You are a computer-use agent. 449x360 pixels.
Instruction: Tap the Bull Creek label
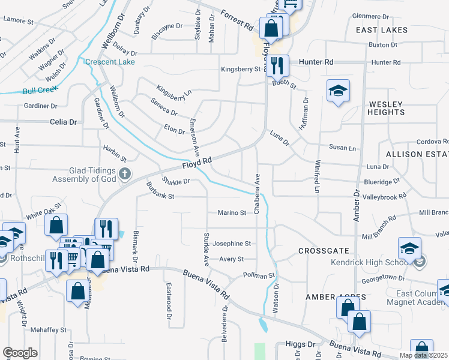(40, 91)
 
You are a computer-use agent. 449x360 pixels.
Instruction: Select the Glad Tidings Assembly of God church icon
(125, 175)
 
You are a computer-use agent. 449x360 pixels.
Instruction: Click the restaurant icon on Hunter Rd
(277, 65)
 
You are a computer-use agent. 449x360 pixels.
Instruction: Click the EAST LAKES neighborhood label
(381, 29)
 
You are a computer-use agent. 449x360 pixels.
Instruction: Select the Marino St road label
(232, 212)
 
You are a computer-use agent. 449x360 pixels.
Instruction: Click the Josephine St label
(231, 244)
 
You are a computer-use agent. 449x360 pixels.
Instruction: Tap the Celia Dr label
(64, 122)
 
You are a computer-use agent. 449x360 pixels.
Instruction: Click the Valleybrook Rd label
(385, 196)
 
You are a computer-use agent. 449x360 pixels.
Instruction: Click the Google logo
(20, 353)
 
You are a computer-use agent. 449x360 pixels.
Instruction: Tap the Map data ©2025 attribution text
(423, 355)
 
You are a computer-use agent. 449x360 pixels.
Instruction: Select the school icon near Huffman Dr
(338, 91)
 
